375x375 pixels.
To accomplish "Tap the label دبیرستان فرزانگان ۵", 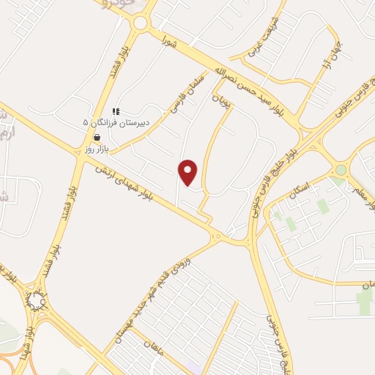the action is coord(116,122).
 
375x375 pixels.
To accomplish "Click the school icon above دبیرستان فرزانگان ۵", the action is coord(116,111).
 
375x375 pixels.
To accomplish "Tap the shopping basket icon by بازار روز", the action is coord(97,137).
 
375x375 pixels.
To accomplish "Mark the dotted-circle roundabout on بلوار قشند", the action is coord(36,300).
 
